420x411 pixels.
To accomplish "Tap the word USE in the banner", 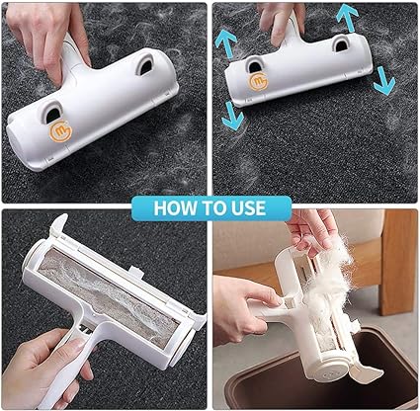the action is click(x=248, y=208).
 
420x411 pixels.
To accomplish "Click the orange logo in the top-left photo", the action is click(x=60, y=131).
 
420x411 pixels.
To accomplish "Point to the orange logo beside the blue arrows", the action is click(x=259, y=82).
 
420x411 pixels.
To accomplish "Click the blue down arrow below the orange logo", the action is click(x=233, y=116).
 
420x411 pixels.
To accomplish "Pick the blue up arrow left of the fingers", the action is click(x=225, y=43).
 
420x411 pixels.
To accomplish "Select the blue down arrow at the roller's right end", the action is click(x=383, y=81).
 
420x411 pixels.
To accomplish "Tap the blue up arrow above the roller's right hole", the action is click(x=347, y=18).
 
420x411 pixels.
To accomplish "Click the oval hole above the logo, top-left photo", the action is click(x=52, y=112).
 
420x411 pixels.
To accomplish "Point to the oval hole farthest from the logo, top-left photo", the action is click(x=144, y=65).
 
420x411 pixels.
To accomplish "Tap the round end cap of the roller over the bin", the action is click(x=330, y=372).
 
